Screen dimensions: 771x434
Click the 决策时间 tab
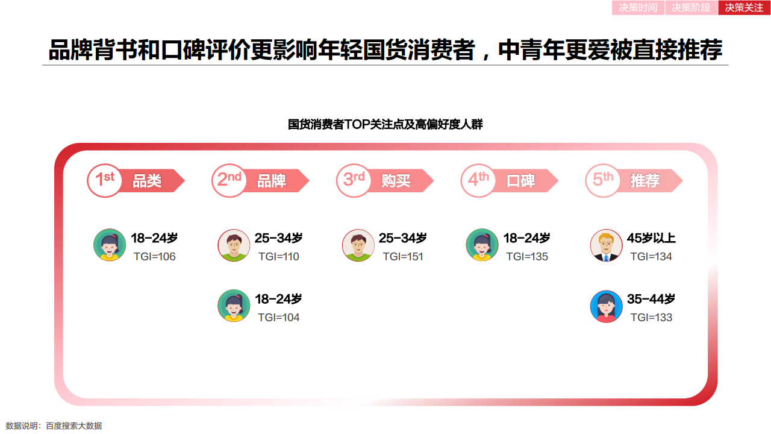[638, 8]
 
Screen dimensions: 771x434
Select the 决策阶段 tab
[691, 8]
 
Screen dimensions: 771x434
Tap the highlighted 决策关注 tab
[744, 8]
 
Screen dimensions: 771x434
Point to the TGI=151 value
[403, 257]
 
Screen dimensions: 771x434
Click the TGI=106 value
[155, 257]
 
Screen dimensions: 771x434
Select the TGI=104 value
[279, 317]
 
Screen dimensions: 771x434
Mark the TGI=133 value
[651, 317]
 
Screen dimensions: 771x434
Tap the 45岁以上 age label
[651, 238]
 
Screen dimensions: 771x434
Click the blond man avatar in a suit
[607, 245]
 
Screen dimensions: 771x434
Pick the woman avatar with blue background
[607, 306]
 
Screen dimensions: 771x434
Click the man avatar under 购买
[358, 245]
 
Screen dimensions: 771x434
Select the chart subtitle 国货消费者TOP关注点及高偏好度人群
[385, 124]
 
